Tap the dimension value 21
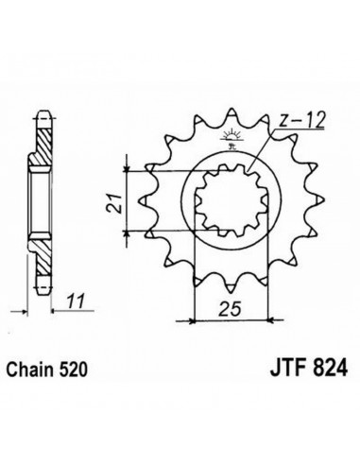tap(114, 204)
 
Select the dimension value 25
tap(230, 309)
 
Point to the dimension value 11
tap(76, 301)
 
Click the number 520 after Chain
tap(73, 370)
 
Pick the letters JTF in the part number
tap(288, 368)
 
